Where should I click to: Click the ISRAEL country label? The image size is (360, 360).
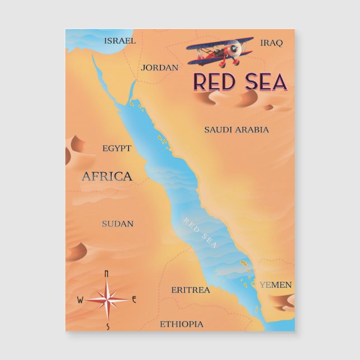tap(120, 41)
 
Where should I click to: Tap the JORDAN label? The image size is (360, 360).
tap(160, 68)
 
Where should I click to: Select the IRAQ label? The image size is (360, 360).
tap(272, 42)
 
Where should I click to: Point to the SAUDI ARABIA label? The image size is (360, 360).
tap(236, 130)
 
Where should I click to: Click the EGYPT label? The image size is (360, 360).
tap(117, 148)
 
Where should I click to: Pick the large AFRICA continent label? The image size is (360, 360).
tap(107, 177)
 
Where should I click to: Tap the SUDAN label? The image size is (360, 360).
tap(117, 224)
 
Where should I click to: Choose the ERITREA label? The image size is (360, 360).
tap(191, 290)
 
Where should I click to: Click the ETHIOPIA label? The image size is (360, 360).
tap(182, 324)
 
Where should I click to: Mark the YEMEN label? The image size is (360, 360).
tap(275, 285)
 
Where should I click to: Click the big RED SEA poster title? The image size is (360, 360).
tap(240, 82)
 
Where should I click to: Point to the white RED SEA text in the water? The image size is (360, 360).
tap(200, 232)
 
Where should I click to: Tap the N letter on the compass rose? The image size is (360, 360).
tap(107, 273)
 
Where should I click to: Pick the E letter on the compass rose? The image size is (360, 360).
tap(134, 299)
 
